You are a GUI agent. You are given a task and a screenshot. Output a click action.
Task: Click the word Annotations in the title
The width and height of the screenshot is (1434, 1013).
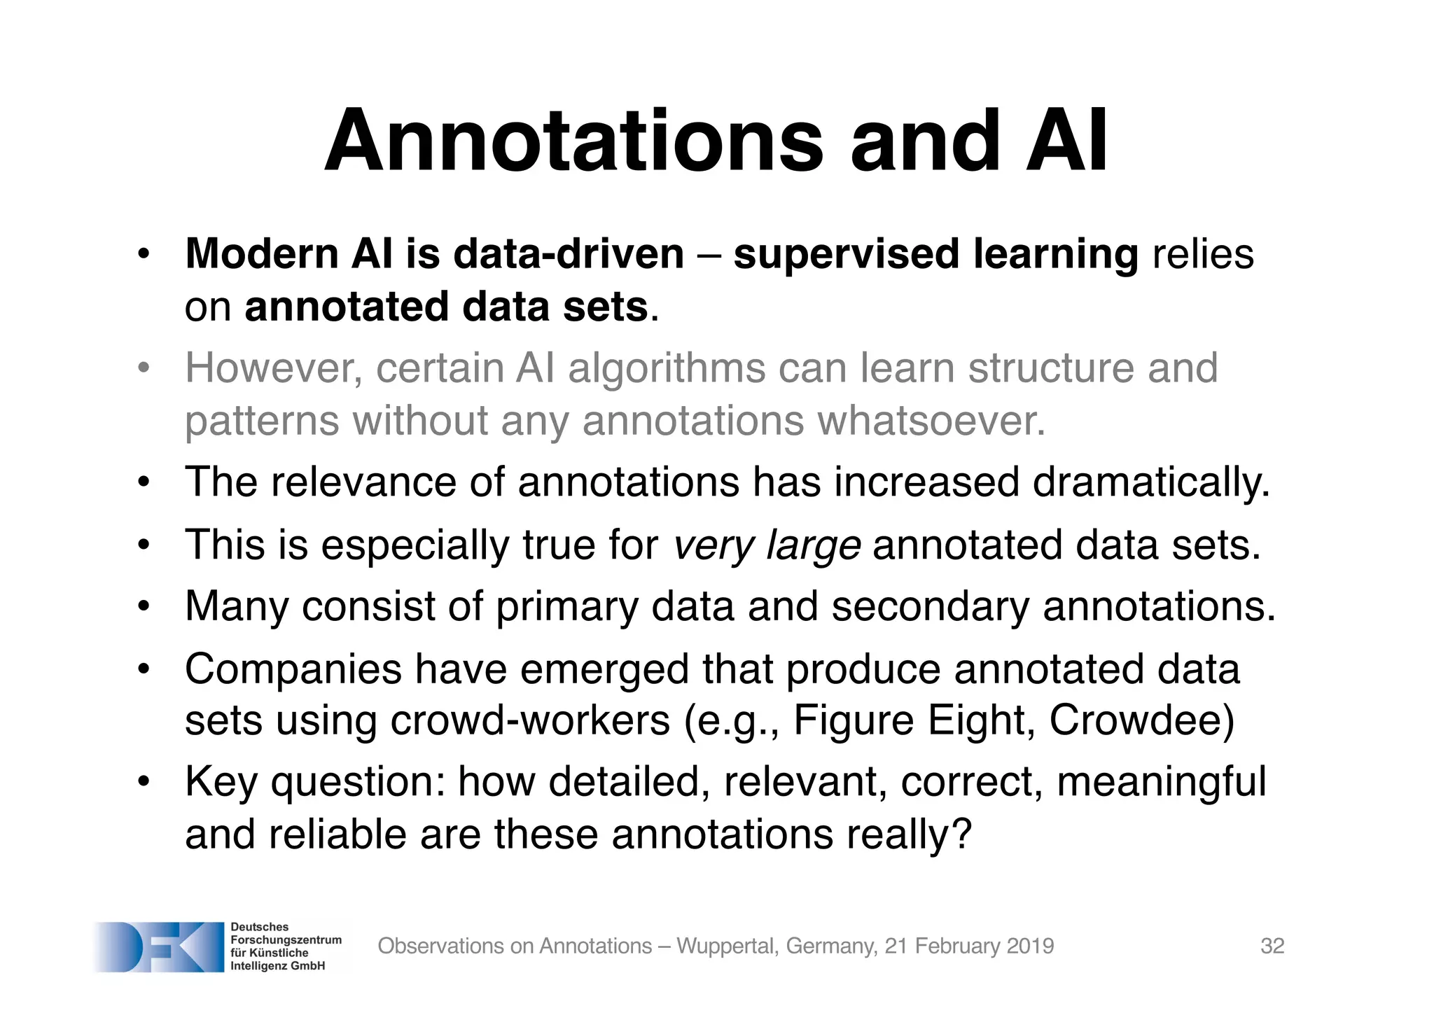point(574,141)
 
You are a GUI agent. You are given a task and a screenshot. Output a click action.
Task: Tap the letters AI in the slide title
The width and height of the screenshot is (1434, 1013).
point(1067,141)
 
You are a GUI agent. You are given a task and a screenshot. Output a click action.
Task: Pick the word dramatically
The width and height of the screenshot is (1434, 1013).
point(1151,483)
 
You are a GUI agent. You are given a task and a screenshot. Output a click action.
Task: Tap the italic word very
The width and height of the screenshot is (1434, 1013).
point(713,545)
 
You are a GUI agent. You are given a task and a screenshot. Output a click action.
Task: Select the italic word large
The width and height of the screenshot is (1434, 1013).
point(814,547)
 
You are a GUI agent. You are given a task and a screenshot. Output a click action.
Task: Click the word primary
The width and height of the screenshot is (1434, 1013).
point(567,607)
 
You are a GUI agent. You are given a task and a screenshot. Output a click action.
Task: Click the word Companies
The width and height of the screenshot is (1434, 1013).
point(293,670)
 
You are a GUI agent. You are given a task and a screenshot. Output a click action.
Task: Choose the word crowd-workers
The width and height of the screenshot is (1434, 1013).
point(530,720)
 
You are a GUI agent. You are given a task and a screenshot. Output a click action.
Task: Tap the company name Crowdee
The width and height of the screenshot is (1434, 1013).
point(1141,720)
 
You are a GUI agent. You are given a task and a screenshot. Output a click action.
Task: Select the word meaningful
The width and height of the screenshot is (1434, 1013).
point(1161,783)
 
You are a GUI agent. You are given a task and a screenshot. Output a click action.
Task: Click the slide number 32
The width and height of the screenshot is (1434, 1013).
point(1272,946)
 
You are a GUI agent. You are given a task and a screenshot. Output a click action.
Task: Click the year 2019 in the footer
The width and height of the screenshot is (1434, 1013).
point(1029,946)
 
